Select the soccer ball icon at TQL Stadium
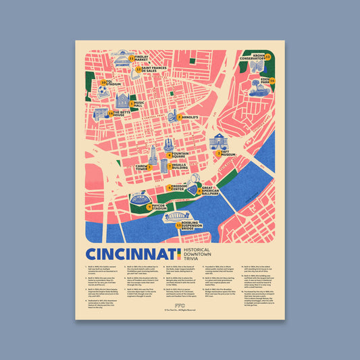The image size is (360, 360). (101, 89)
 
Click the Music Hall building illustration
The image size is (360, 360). (122, 101)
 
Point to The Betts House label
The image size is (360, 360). (120, 113)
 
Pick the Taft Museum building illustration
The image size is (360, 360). (219, 140)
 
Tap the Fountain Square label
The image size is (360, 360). (180, 155)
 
